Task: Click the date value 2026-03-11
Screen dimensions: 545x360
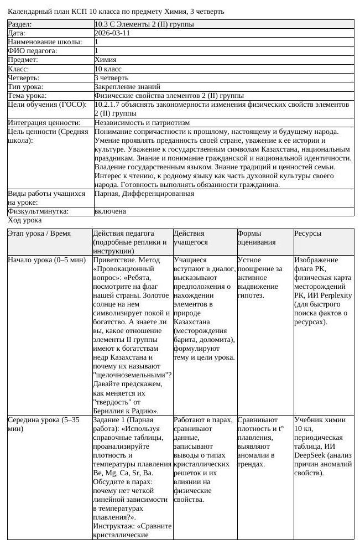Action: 112,33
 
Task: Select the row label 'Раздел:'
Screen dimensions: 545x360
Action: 20,24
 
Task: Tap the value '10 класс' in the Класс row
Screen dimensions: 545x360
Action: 108,69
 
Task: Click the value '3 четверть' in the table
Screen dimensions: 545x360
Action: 111,78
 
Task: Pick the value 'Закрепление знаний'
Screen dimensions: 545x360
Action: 127,87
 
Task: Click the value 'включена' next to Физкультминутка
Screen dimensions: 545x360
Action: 110,211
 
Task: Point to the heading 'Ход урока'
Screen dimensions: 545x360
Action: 24,220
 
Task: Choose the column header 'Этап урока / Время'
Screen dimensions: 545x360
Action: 39,233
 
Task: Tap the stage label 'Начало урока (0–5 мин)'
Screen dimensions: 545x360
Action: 46,259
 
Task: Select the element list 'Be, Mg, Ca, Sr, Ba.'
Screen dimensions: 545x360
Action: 123,473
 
